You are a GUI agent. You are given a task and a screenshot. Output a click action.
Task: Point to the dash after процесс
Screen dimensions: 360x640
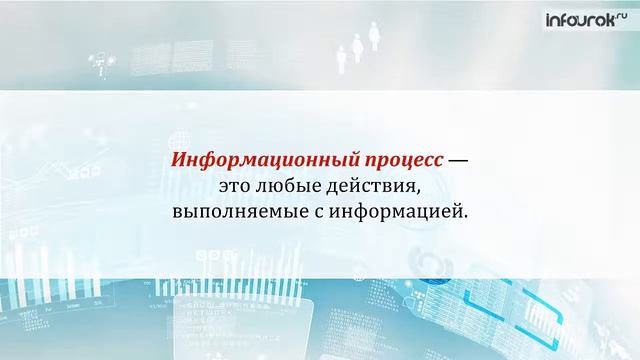pyautogui.click(x=458, y=160)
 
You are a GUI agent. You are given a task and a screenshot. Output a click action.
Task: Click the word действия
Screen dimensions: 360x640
pyautogui.click(x=369, y=186)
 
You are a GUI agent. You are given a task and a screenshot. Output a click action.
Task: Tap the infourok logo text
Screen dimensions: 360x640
pyautogui.click(x=581, y=19)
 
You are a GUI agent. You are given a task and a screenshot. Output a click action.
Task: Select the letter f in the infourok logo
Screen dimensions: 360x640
pyautogui.click(x=564, y=19)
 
